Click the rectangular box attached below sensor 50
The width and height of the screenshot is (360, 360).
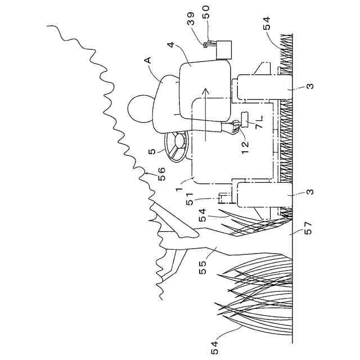tap(227, 50)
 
